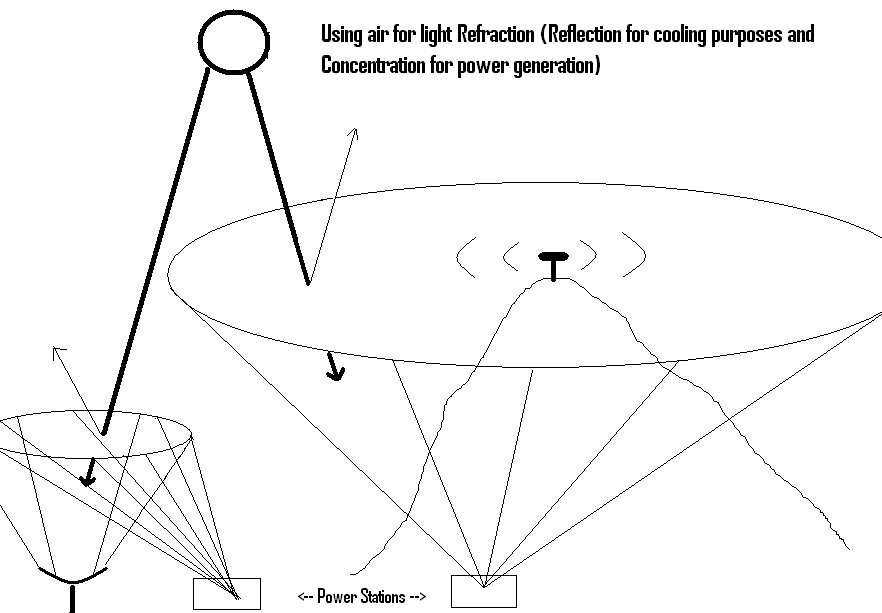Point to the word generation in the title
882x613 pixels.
[x=558, y=67]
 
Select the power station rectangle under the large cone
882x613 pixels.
[x=484, y=591]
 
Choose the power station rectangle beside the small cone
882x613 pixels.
[x=226, y=593]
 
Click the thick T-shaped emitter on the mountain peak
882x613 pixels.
[x=552, y=263]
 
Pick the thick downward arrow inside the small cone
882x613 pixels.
[x=89, y=474]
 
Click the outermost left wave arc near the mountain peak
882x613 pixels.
[x=463, y=258]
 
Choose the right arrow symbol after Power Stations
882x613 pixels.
[x=418, y=597]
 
